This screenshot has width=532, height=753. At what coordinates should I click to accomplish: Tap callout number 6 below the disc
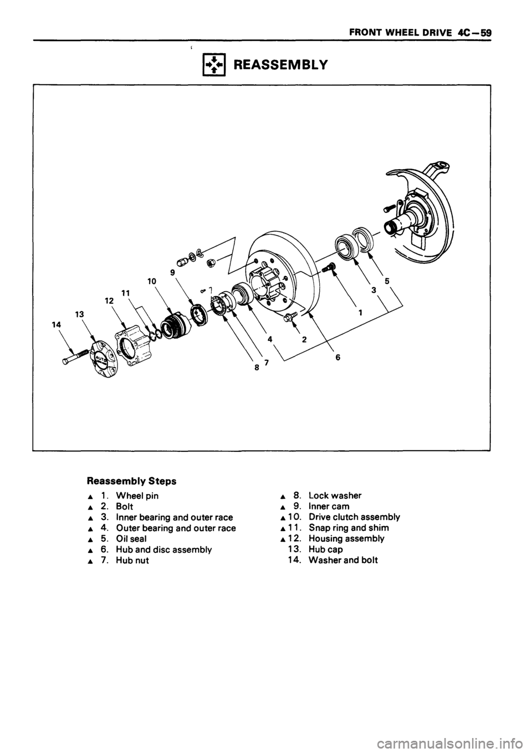pos(339,359)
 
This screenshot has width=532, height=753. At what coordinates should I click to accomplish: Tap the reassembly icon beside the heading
pos(212,65)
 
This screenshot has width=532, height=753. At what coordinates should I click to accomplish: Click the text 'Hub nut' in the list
pos(132,560)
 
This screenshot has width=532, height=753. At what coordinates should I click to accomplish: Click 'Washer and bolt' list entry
pos(343,560)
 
